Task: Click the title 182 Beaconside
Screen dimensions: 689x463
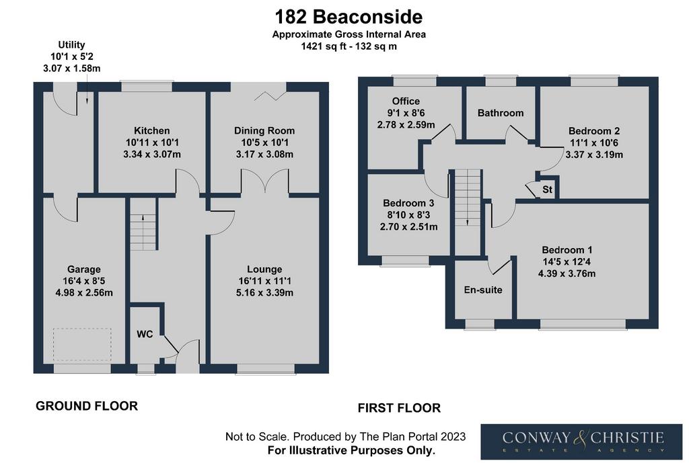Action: (x=349, y=17)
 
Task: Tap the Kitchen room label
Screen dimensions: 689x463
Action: (x=151, y=131)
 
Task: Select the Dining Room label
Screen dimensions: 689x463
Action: (x=264, y=131)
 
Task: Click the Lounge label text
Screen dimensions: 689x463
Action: (x=264, y=269)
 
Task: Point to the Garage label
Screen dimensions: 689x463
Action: (x=84, y=269)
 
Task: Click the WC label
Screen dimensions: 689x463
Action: (x=145, y=335)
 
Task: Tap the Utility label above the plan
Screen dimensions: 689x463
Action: (x=71, y=45)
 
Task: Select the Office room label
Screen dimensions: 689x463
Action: (x=406, y=101)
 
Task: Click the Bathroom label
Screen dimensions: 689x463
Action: (x=501, y=113)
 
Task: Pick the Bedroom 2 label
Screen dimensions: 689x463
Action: (x=594, y=131)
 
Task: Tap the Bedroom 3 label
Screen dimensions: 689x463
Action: (x=408, y=203)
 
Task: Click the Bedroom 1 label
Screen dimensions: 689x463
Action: (x=567, y=250)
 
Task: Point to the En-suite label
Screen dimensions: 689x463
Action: (x=483, y=290)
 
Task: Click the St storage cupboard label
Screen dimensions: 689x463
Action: (x=547, y=190)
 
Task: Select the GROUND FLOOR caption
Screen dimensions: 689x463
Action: (x=87, y=406)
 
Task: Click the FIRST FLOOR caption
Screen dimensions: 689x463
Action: (x=399, y=408)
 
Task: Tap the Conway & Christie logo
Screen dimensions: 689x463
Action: (x=581, y=441)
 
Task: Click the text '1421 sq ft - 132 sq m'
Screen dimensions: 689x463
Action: (x=349, y=46)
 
